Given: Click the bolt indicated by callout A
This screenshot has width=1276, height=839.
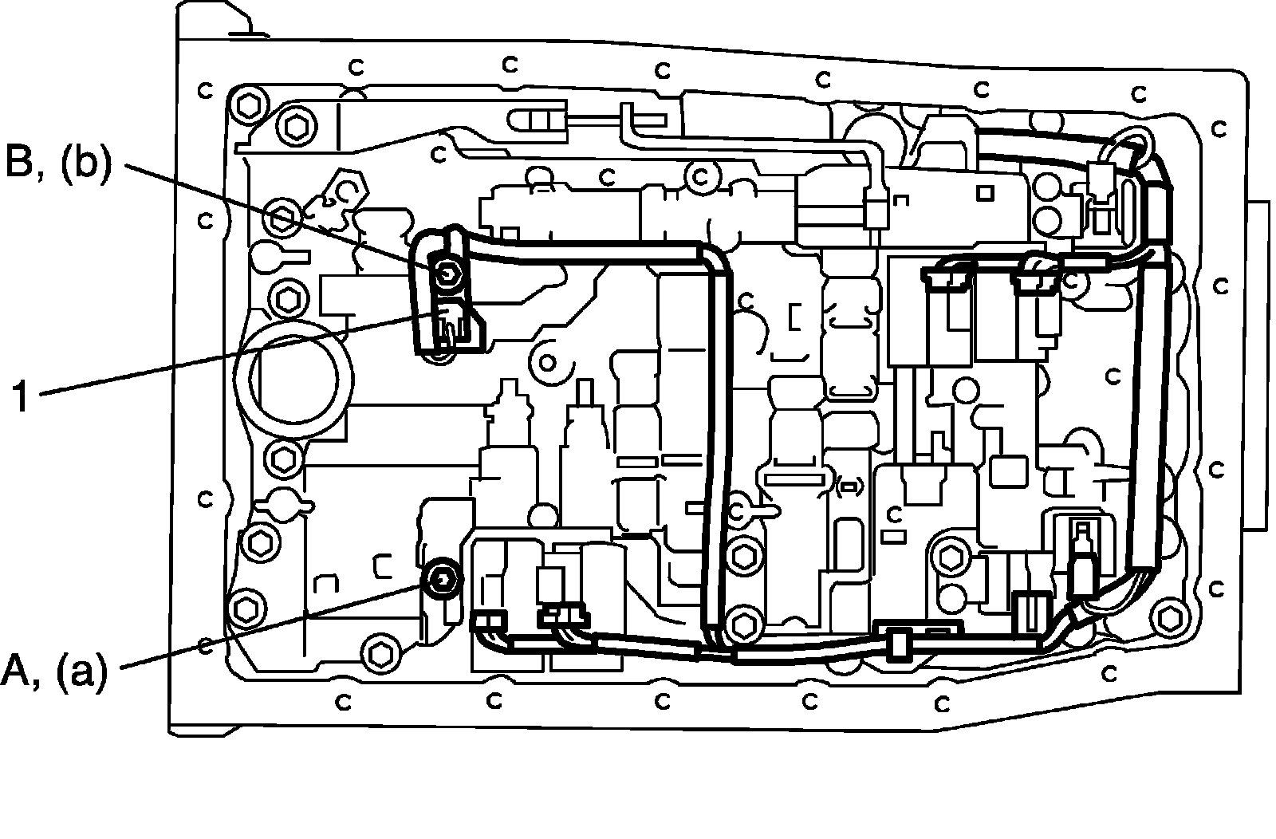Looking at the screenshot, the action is click(x=443, y=580).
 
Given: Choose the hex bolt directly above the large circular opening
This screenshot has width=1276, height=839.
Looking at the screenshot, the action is click(x=282, y=297).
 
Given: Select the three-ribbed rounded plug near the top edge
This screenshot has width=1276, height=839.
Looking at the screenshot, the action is click(x=538, y=120).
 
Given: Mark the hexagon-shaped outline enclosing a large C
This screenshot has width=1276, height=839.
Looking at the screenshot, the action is click(x=345, y=190).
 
